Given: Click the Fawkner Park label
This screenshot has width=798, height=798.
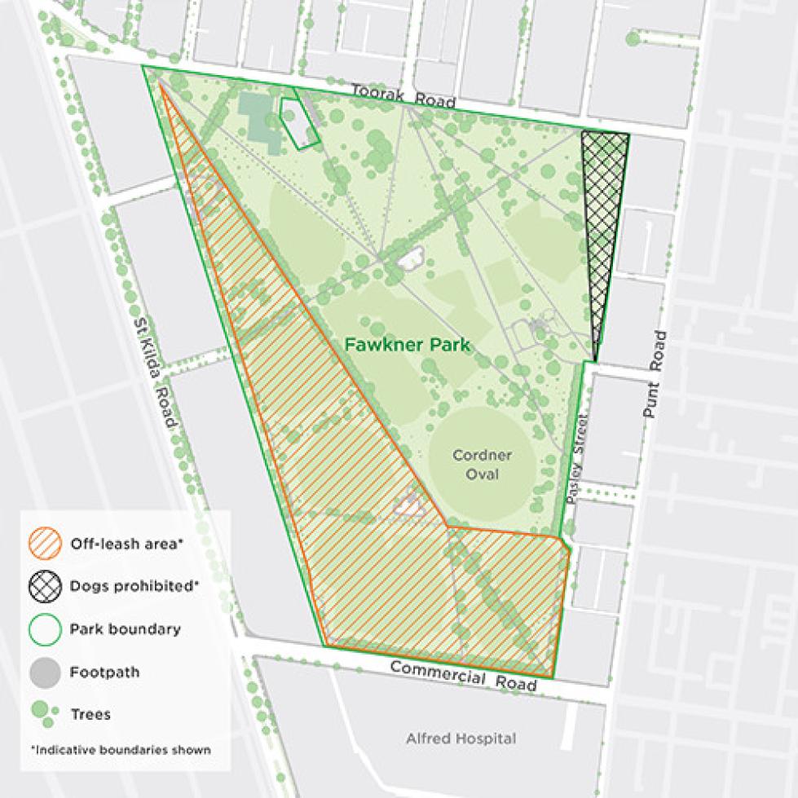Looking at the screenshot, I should pos(408,345).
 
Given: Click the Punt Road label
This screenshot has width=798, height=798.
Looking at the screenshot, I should pos(655,375).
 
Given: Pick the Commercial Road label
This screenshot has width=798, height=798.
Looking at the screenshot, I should pos(463,675).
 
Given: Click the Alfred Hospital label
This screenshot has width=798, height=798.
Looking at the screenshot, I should pos(461,738).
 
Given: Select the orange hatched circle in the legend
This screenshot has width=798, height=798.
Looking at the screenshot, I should pos(47,544).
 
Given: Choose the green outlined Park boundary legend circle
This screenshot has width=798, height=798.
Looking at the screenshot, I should pos(47,629).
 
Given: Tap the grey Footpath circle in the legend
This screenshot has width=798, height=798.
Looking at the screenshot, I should pos(47,672).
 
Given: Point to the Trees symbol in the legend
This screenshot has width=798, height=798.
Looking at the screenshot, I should pos(46,714).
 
